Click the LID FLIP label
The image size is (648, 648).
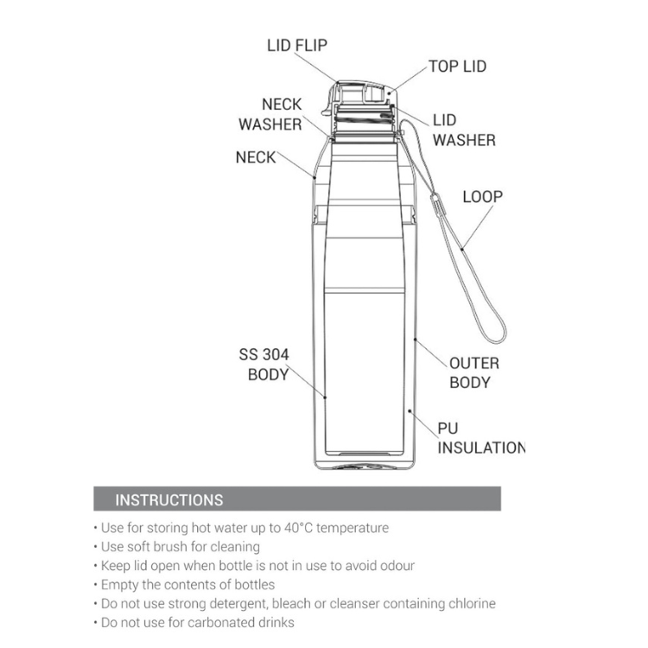point(296,46)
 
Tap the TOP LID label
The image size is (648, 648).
point(457,67)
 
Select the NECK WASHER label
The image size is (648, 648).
point(270,114)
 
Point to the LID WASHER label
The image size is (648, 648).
point(464,130)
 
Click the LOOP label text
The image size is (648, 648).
point(483,197)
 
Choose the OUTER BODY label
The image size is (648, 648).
point(474,372)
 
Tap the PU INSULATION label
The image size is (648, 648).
point(481,438)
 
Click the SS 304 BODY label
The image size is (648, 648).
point(264,365)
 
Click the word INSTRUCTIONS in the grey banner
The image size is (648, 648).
point(169,500)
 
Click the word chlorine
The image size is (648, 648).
point(471,604)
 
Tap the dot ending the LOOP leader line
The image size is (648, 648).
point(462,249)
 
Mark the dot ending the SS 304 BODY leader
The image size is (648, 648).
point(325,397)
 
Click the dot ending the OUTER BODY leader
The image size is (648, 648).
point(416,340)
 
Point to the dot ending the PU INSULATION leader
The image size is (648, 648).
point(410,410)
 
